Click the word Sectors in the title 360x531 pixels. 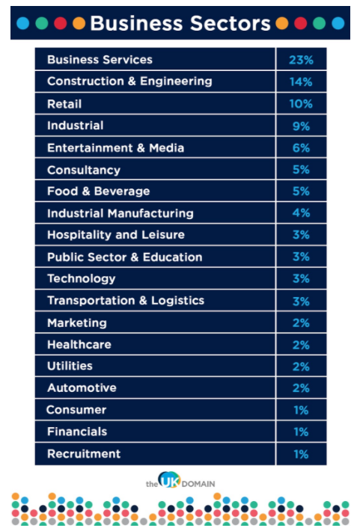click(x=231, y=23)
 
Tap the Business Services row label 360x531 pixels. click(x=100, y=60)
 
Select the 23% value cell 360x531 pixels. click(x=301, y=60)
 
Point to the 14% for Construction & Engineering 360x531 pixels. click(x=301, y=82)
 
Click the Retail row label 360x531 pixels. click(x=64, y=104)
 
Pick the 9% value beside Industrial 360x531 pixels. click(x=301, y=126)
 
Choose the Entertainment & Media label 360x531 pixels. click(x=115, y=148)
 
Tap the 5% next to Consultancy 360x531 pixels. click(x=301, y=169)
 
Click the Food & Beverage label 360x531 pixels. click(x=98, y=191)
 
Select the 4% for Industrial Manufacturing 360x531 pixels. click(x=301, y=212)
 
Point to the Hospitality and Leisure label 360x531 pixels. click(x=116, y=235)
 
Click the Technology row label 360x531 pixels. click(x=82, y=279)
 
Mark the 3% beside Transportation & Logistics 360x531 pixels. click(x=301, y=301)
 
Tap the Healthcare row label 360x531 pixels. click(x=79, y=345)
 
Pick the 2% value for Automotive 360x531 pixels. click(x=301, y=387)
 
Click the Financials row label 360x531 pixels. click(x=77, y=432)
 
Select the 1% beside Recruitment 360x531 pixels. click(x=301, y=454)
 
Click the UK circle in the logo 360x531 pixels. click(x=169, y=480)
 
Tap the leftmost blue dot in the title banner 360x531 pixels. click(x=23, y=23)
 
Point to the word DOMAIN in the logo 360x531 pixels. click(x=198, y=484)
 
